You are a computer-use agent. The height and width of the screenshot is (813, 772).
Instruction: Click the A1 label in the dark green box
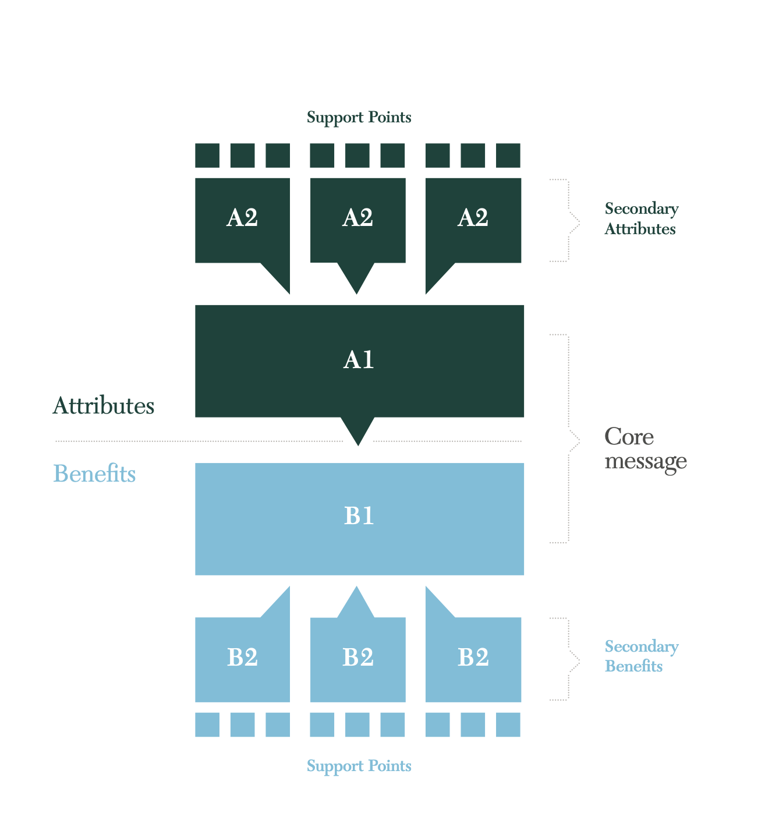[359, 360]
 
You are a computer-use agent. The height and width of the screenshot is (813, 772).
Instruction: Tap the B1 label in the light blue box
[359, 516]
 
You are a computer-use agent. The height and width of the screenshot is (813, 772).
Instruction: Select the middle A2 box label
[357, 218]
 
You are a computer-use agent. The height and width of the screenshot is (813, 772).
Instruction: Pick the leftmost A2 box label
[242, 218]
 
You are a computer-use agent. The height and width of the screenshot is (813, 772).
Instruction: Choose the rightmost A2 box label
[473, 218]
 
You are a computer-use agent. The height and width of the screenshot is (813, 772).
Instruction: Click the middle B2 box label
[357, 658]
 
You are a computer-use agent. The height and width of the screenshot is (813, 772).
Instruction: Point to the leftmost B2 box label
[242, 658]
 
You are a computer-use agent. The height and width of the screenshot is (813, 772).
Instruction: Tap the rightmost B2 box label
[473, 658]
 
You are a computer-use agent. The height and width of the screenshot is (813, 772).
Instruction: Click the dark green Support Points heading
[359, 118]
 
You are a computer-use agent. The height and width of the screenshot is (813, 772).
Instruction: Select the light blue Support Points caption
[359, 766]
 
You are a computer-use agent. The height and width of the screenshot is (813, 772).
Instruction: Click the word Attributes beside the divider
[104, 406]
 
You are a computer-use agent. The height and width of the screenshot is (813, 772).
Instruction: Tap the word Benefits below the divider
[94, 474]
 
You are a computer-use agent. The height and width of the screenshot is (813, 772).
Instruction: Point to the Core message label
[645, 448]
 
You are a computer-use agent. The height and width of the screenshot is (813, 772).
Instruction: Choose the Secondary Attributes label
[641, 219]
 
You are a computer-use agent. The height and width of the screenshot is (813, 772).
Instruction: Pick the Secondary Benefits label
[641, 656]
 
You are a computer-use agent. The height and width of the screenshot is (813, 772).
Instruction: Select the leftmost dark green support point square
[207, 155]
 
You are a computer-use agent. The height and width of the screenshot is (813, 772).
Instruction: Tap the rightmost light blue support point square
[508, 724]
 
